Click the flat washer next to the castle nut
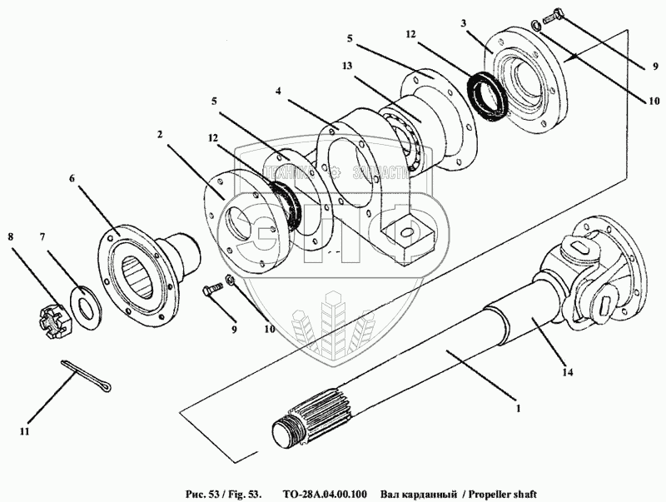pyautogui.click(x=84, y=299)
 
